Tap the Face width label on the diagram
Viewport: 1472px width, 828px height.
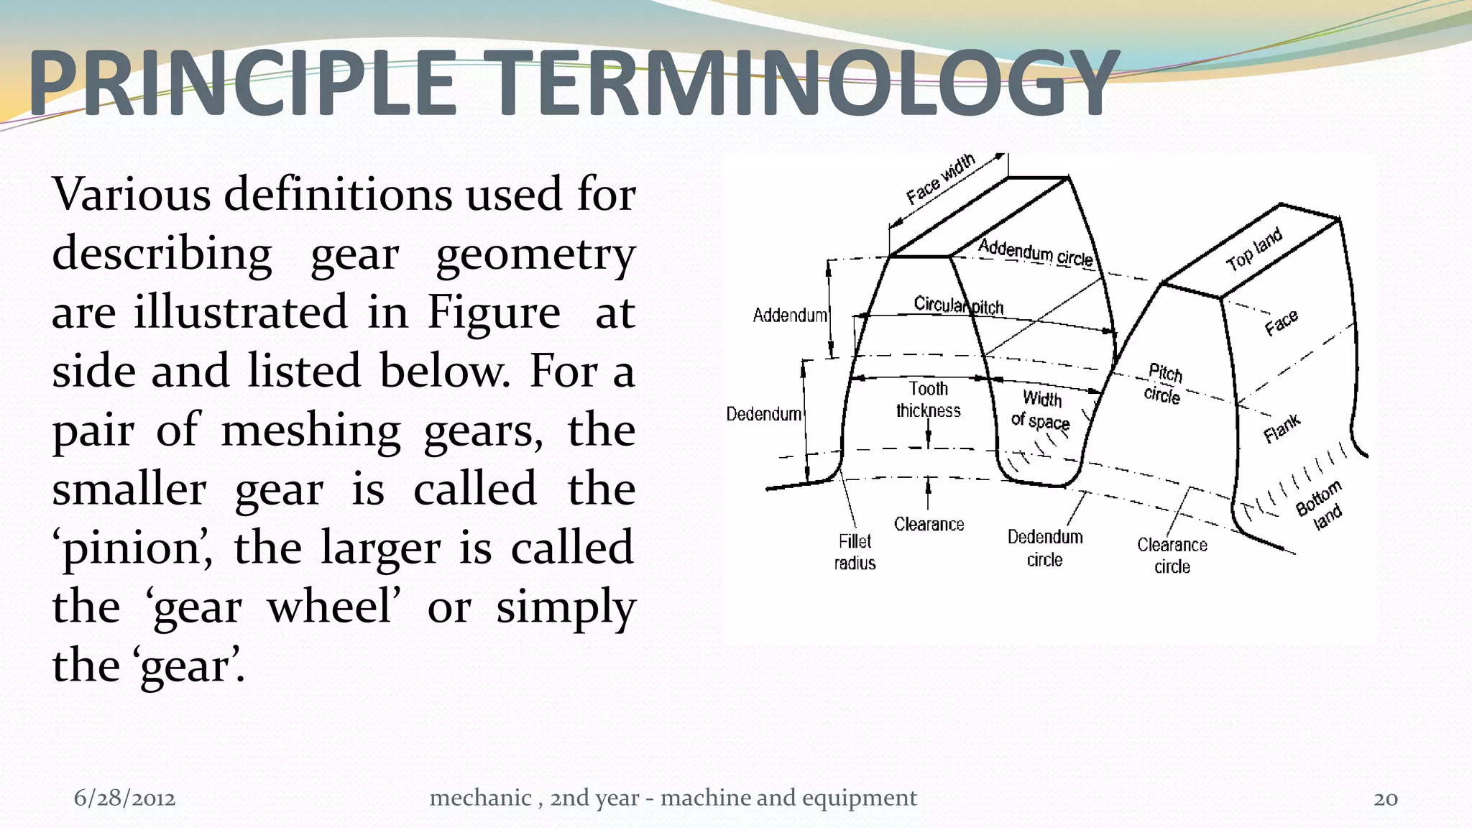940,179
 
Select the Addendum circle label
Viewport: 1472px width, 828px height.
1035,252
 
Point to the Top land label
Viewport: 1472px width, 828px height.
1253,249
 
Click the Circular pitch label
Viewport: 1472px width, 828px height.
958,305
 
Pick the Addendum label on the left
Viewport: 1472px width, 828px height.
789,316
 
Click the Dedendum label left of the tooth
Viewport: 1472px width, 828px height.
763,414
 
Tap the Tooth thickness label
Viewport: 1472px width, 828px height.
928,400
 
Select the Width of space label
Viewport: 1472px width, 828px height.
1041,410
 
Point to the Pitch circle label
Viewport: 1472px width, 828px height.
1163,384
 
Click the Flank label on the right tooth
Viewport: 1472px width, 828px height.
1282,428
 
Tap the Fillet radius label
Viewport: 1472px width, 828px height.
855,552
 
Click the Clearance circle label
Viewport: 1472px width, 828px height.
1172,556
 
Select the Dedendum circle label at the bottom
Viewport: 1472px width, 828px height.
1044,548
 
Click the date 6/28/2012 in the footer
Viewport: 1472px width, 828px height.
124,798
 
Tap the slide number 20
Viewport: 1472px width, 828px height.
1385,799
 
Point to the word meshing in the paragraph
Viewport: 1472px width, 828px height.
310,431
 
